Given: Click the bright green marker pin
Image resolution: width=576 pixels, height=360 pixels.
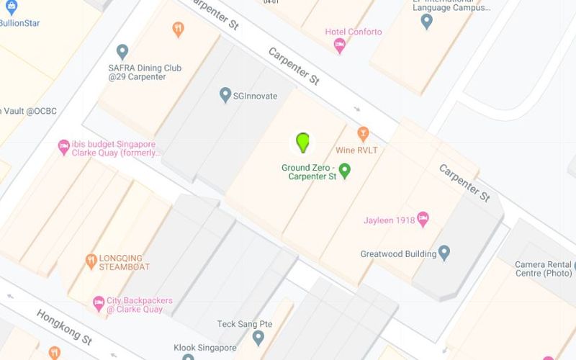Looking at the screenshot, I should pyautogui.click(x=303, y=142).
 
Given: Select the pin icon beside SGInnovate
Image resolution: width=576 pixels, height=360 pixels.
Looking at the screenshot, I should pyautogui.click(x=225, y=94).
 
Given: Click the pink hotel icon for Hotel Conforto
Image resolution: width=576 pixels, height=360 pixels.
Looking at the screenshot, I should pyautogui.click(x=340, y=45).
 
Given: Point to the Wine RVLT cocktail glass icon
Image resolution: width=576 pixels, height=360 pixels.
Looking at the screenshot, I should pyautogui.click(x=364, y=134).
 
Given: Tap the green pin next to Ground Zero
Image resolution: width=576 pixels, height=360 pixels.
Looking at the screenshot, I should pyautogui.click(x=345, y=171).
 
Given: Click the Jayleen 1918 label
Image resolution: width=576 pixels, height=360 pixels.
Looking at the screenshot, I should pyautogui.click(x=390, y=220).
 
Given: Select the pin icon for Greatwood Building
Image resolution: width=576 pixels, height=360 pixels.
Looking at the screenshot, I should pyautogui.click(x=444, y=253).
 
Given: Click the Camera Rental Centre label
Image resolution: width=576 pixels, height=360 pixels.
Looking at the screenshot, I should pyautogui.click(x=544, y=269).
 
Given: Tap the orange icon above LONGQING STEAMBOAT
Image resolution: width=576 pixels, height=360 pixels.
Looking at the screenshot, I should pyautogui.click(x=91, y=261).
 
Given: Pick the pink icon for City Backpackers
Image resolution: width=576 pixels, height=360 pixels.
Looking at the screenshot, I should pyautogui.click(x=99, y=303).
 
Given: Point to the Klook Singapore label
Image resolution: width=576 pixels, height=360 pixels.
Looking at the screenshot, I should pyautogui.click(x=205, y=348).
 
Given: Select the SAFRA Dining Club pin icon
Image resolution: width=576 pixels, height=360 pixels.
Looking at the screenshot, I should pyautogui.click(x=122, y=52).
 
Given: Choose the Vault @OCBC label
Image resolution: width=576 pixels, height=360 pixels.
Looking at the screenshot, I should pyautogui.click(x=29, y=111).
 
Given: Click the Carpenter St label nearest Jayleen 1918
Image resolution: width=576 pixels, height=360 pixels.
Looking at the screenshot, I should pyautogui.click(x=464, y=184).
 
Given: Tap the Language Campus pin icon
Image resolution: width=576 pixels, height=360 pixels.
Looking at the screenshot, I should pyautogui.click(x=427, y=22).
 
